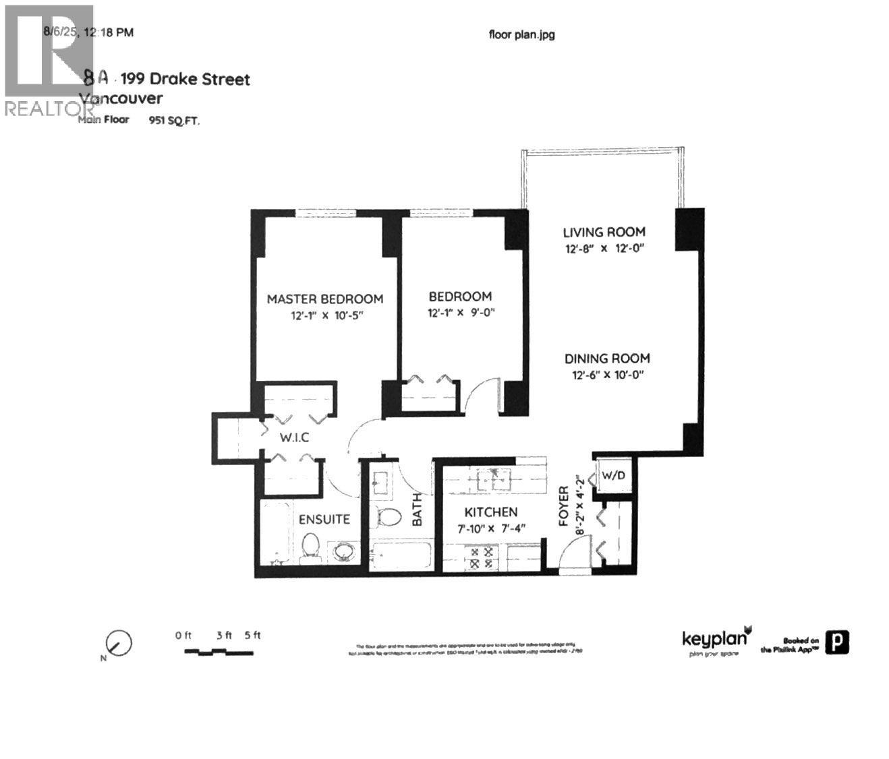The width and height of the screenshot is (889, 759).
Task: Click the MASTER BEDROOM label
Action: (324, 299)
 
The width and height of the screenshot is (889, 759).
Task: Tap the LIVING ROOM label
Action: (604, 232)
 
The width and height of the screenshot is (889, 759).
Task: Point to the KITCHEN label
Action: (492, 512)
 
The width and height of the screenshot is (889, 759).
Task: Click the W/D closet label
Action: (613, 476)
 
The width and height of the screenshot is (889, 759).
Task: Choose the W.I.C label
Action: (295, 437)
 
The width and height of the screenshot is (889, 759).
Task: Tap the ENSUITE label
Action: (324, 519)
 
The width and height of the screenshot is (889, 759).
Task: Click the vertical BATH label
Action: (417, 509)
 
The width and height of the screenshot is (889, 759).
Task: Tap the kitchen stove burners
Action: (483, 557)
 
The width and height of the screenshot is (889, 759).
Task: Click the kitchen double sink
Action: (494, 480)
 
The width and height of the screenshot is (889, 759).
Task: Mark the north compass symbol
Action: (119, 643)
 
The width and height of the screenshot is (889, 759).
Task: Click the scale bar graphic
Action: (219, 652)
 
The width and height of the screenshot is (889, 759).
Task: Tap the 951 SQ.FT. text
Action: (174, 121)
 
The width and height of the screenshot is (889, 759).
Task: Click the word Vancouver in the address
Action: (121, 98)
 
